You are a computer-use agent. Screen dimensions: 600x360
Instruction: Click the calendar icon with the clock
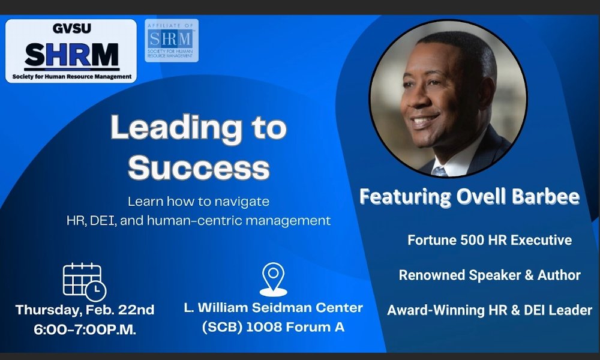(85, 282)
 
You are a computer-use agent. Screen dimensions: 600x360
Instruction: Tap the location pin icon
(273, 280)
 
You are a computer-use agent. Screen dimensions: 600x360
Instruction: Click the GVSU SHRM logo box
(71, 51)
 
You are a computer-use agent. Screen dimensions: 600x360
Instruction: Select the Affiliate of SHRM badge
(172, 41)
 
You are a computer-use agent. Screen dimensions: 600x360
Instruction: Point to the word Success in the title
(199, 167)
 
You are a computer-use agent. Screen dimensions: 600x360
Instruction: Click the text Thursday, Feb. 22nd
(85, 310)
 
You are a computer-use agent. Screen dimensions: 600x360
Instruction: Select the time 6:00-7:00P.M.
(85, 329)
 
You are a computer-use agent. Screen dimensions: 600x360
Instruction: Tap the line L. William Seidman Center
(273, 308)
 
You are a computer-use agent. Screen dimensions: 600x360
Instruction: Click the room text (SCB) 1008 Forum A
(273, 327)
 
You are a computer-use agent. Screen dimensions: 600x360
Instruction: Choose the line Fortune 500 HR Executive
(490, 240)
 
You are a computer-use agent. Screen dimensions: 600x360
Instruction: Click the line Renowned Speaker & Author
(490, 275)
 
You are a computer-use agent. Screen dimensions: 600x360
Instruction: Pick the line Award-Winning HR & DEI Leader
(490, 310)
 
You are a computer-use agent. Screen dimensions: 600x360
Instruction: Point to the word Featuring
(406, 197)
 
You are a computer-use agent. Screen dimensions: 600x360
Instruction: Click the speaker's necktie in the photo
(440, 171)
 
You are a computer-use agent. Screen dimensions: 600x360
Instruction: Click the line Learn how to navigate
(199, 202)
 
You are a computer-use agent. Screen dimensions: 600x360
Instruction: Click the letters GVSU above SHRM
(71, 29)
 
